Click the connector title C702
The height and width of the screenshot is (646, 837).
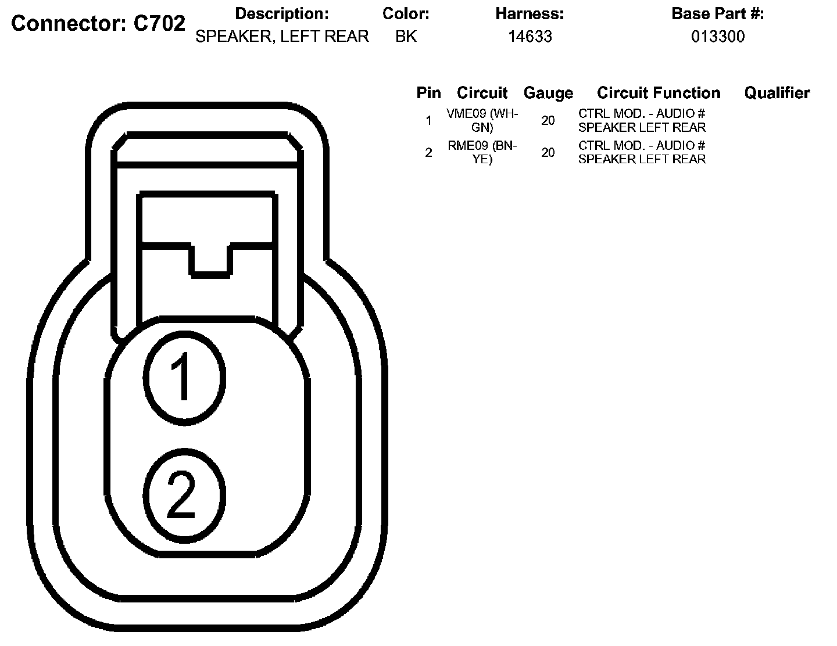pyautogui.click(x=98, y=23)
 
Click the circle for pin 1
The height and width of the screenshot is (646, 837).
pyautogui.click(x=184, y=376)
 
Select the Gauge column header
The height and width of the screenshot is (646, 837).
pyautogui.click(x=548, y=93)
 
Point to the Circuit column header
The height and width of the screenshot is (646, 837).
pyautogui.click(x=482, y=93)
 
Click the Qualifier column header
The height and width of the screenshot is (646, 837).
pyautogui.click(x=777, y=93)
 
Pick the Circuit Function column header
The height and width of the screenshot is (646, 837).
pyautogui.click(x=659, y=93)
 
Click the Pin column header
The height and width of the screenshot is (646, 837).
pyautogui.click(x=428, y=93)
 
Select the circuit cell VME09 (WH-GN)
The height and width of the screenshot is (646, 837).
pyautogui.click(x=482, y=120)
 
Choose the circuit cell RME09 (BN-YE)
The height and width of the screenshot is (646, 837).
pyautogui.click(x=482, y=152)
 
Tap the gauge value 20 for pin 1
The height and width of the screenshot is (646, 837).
pyautogui.click(x=548, y=121)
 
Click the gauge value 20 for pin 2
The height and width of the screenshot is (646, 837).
pyautogui.click(x=548, y=153)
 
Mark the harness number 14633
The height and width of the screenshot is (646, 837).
pyautogui.click(x=530, y=37)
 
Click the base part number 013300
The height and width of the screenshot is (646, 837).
pyautogui.click(x=718, y=37)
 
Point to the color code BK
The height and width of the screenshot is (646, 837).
pyautogui.click(x=406, y=37)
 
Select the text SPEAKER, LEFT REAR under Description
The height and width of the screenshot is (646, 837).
pyautogui.click(x=282, y=37)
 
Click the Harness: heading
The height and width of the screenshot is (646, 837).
pyautogui.click(x=530, y=13)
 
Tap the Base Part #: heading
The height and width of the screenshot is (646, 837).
pyautogui.click(x=718, y=13)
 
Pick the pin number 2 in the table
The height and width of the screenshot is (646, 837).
pyautogui.click(x=428, y=153)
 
